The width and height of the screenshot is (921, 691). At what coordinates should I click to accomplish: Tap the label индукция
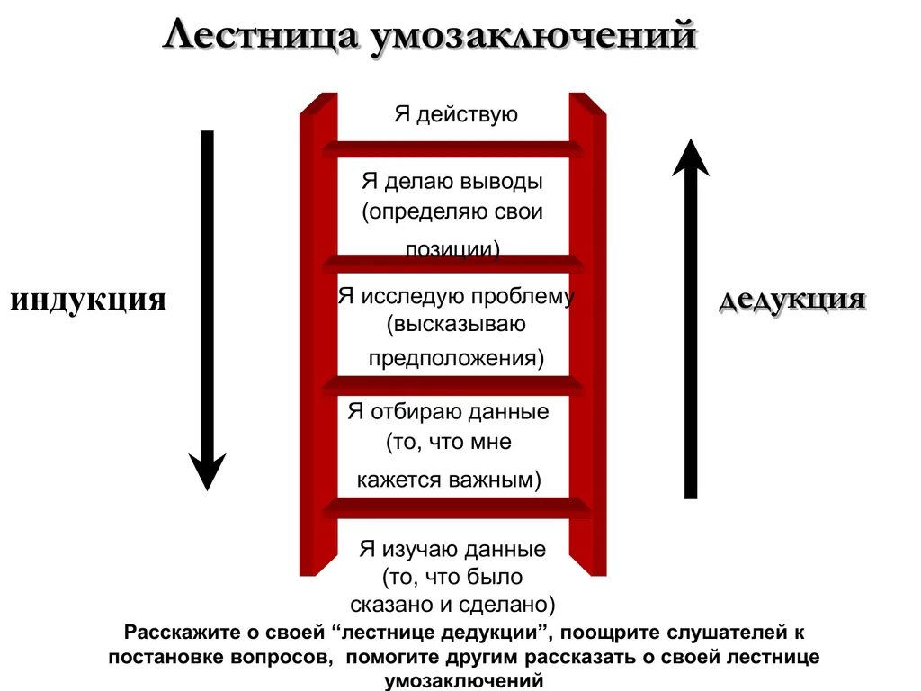(88, 299)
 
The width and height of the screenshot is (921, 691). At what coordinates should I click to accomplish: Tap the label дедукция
(792, 299)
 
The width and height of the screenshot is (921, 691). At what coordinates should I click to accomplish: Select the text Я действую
(456, 114)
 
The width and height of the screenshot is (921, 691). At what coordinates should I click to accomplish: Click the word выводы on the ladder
(502, 182)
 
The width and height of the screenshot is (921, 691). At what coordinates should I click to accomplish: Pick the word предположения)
(457, 357)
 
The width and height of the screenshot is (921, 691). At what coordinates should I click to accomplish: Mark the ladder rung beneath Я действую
(452, 148)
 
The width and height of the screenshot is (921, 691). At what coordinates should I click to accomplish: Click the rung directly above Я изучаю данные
(452, 508)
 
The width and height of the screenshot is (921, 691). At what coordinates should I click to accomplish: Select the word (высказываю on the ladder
(457, 323)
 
